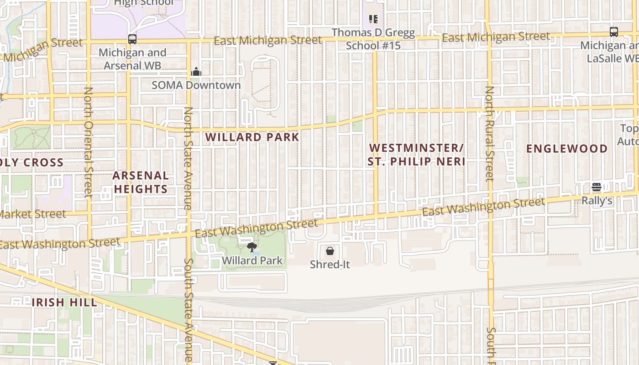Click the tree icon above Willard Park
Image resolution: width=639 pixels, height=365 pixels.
251,247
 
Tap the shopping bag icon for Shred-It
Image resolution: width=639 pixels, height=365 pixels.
330,251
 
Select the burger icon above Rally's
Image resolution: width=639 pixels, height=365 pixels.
597,187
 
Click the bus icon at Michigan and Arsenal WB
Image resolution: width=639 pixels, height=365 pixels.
132,39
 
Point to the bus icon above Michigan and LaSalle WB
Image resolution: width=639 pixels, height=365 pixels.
614,32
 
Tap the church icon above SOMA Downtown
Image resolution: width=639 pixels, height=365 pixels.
196,72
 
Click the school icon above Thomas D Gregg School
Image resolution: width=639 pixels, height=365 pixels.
373,19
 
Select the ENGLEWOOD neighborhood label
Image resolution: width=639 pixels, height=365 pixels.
567,149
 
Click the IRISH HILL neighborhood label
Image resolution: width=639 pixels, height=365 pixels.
64,302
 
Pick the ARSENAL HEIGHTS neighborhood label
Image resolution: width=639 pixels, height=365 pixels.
141,182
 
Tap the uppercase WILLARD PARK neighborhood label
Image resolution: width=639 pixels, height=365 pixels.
252,137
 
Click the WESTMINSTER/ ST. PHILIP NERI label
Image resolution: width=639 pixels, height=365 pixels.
416,155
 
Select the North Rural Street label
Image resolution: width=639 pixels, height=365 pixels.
489,133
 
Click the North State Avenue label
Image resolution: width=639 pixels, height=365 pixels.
188,158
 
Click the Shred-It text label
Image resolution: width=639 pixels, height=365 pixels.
330,264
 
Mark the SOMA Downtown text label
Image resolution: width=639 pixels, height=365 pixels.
196,85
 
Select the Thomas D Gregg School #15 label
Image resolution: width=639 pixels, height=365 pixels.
373,39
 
